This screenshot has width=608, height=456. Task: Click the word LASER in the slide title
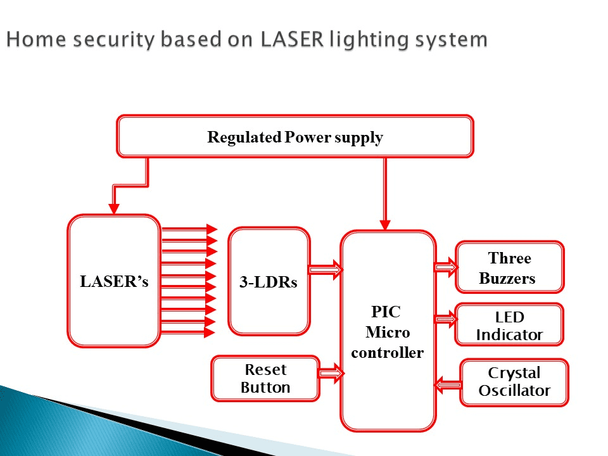click(x=293, y=39)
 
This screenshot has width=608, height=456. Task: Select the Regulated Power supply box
click(x=295, y=136)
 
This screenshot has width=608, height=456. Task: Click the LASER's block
click(x=114, y=281)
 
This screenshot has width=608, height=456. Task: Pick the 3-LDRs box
click(x=269, y=281)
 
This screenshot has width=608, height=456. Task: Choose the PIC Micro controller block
click(x=388, y=331)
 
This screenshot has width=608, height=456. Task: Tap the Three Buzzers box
click(x=509, y=267)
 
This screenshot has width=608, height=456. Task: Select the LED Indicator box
click(x=509, y=324)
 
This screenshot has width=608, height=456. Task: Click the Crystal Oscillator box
click(x=514, y=383)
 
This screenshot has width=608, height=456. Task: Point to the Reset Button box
click(x=265, y=379)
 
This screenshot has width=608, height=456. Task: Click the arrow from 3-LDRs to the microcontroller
click(x=326, y=269)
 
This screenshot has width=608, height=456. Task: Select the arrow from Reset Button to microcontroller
click(x=331, y=374)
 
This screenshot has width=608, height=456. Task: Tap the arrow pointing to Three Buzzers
click(x=446, y=267)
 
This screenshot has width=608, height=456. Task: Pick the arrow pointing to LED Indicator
click(x=446, y=319)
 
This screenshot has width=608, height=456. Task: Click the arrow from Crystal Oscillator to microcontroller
click(x=448, y=386)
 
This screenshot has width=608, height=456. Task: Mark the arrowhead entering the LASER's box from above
click(x=113, y=209)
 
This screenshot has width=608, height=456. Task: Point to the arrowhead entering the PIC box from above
click(x=385, y=225)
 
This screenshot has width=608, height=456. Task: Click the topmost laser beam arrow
click(x=189, y=229)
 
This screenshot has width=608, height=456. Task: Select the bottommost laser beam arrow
click(x=188, y=332)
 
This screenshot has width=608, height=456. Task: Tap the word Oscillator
click(x=514, y=391)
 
